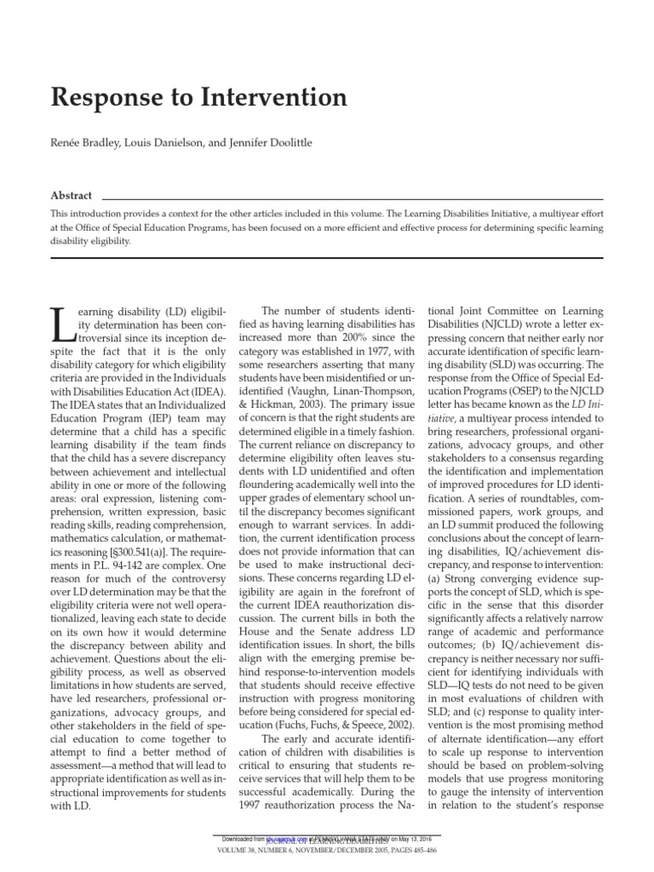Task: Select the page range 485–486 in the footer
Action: click(418, 852)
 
